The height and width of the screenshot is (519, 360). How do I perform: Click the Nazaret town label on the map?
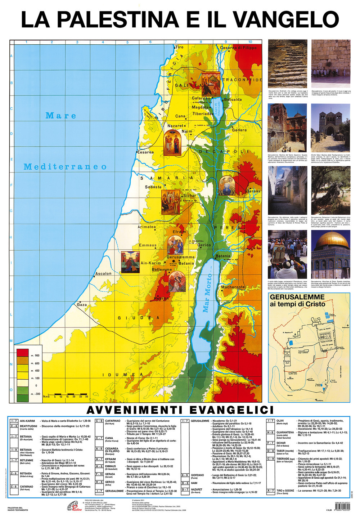point(175,126)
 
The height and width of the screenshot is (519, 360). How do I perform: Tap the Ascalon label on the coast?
point(103,274)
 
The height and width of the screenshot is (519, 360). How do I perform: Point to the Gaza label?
point(82,305)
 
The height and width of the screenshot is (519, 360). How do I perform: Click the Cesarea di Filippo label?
point(238,48)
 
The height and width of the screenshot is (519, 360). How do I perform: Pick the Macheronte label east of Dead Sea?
point(233,287)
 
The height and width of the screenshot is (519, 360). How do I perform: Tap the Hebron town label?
point(161,298)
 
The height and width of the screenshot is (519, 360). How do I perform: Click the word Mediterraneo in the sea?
point(65,167)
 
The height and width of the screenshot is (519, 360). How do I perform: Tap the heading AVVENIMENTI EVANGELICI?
point(180,410)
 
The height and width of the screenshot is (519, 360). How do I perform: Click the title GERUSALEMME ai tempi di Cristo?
point(297,300)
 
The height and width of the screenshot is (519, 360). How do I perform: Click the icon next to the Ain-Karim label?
point(130,262)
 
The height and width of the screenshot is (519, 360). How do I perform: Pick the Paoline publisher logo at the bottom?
point(75,506)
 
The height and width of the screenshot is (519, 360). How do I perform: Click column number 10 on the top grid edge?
point(250,42)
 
